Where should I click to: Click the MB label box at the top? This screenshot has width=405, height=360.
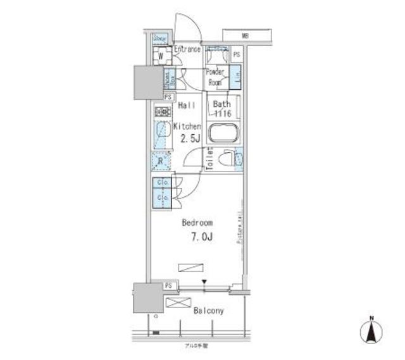pos(244,35)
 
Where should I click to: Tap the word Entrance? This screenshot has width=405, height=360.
pos(187,49)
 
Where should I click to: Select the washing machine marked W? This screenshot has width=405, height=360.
pos(161,56)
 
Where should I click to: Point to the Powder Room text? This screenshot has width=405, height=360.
pos(215,77)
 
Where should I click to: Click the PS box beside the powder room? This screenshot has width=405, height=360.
pos(236,55)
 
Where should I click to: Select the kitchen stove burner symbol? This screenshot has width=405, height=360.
pos(161,112)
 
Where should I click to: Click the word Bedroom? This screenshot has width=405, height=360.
pos(197,223)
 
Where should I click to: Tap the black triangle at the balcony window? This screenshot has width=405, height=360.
pos(204,283)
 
